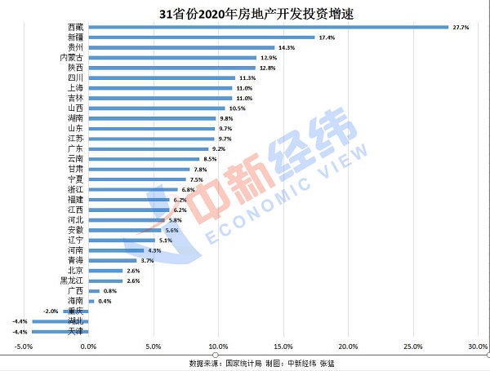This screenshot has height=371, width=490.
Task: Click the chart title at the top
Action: [245, 12]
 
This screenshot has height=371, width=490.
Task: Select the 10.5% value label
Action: [237, 108]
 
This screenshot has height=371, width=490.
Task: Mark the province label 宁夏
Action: [73, 179]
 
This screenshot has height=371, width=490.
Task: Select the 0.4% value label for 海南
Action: [105, 301]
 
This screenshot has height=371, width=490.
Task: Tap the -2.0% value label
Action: [51, 311]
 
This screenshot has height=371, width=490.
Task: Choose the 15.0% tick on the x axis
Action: [283, 346]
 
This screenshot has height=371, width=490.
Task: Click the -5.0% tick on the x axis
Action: [22, 346]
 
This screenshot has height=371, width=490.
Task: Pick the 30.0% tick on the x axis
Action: [477, 346]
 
